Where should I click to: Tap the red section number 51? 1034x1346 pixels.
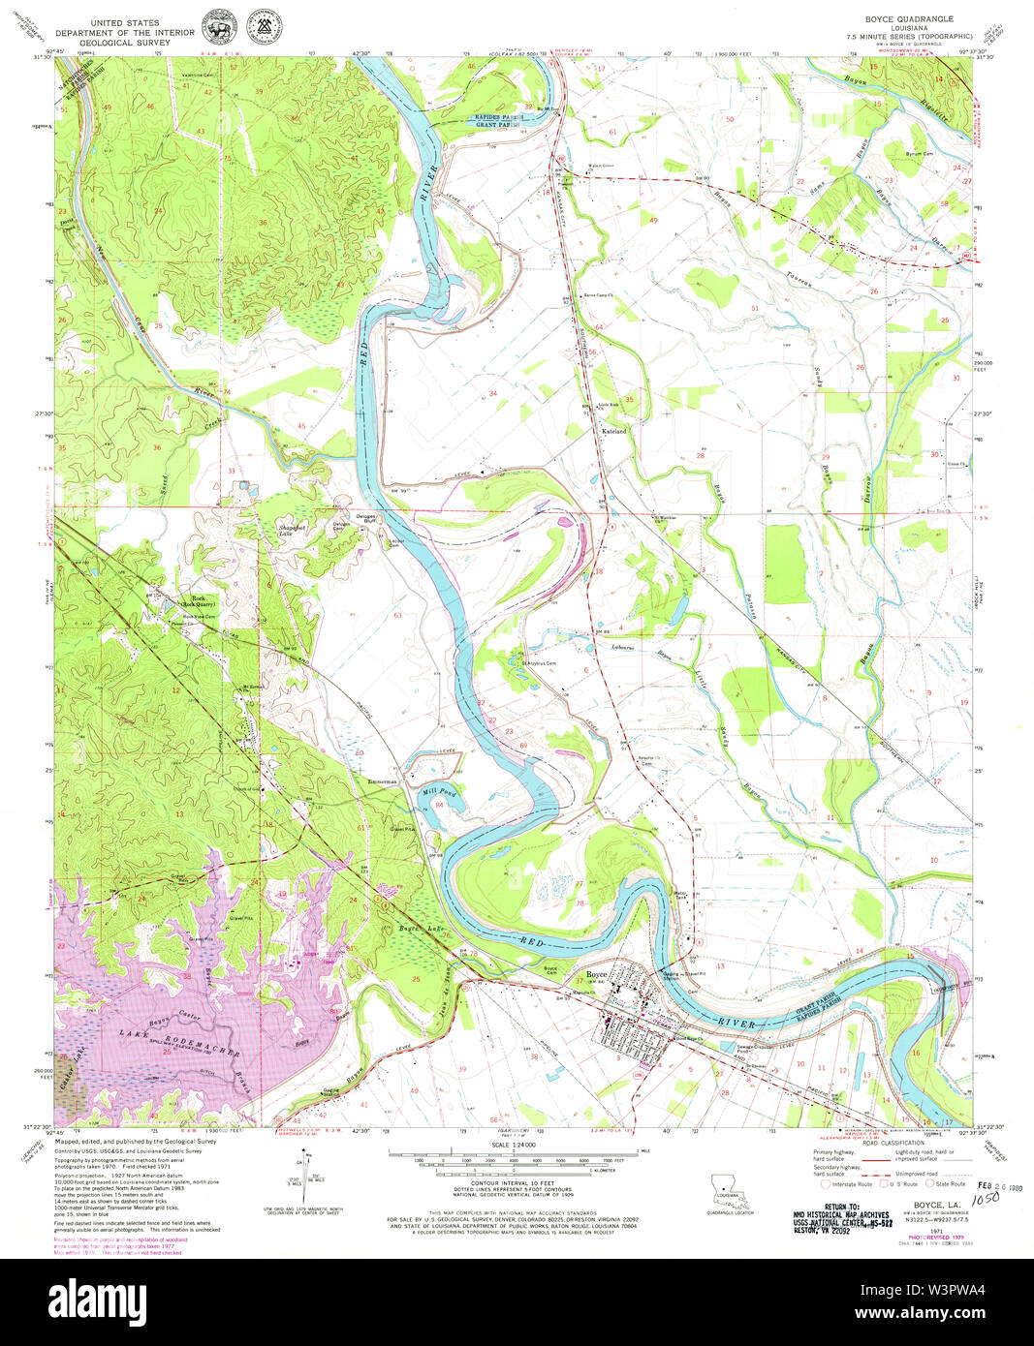754,308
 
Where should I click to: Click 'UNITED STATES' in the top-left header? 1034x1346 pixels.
125,19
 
